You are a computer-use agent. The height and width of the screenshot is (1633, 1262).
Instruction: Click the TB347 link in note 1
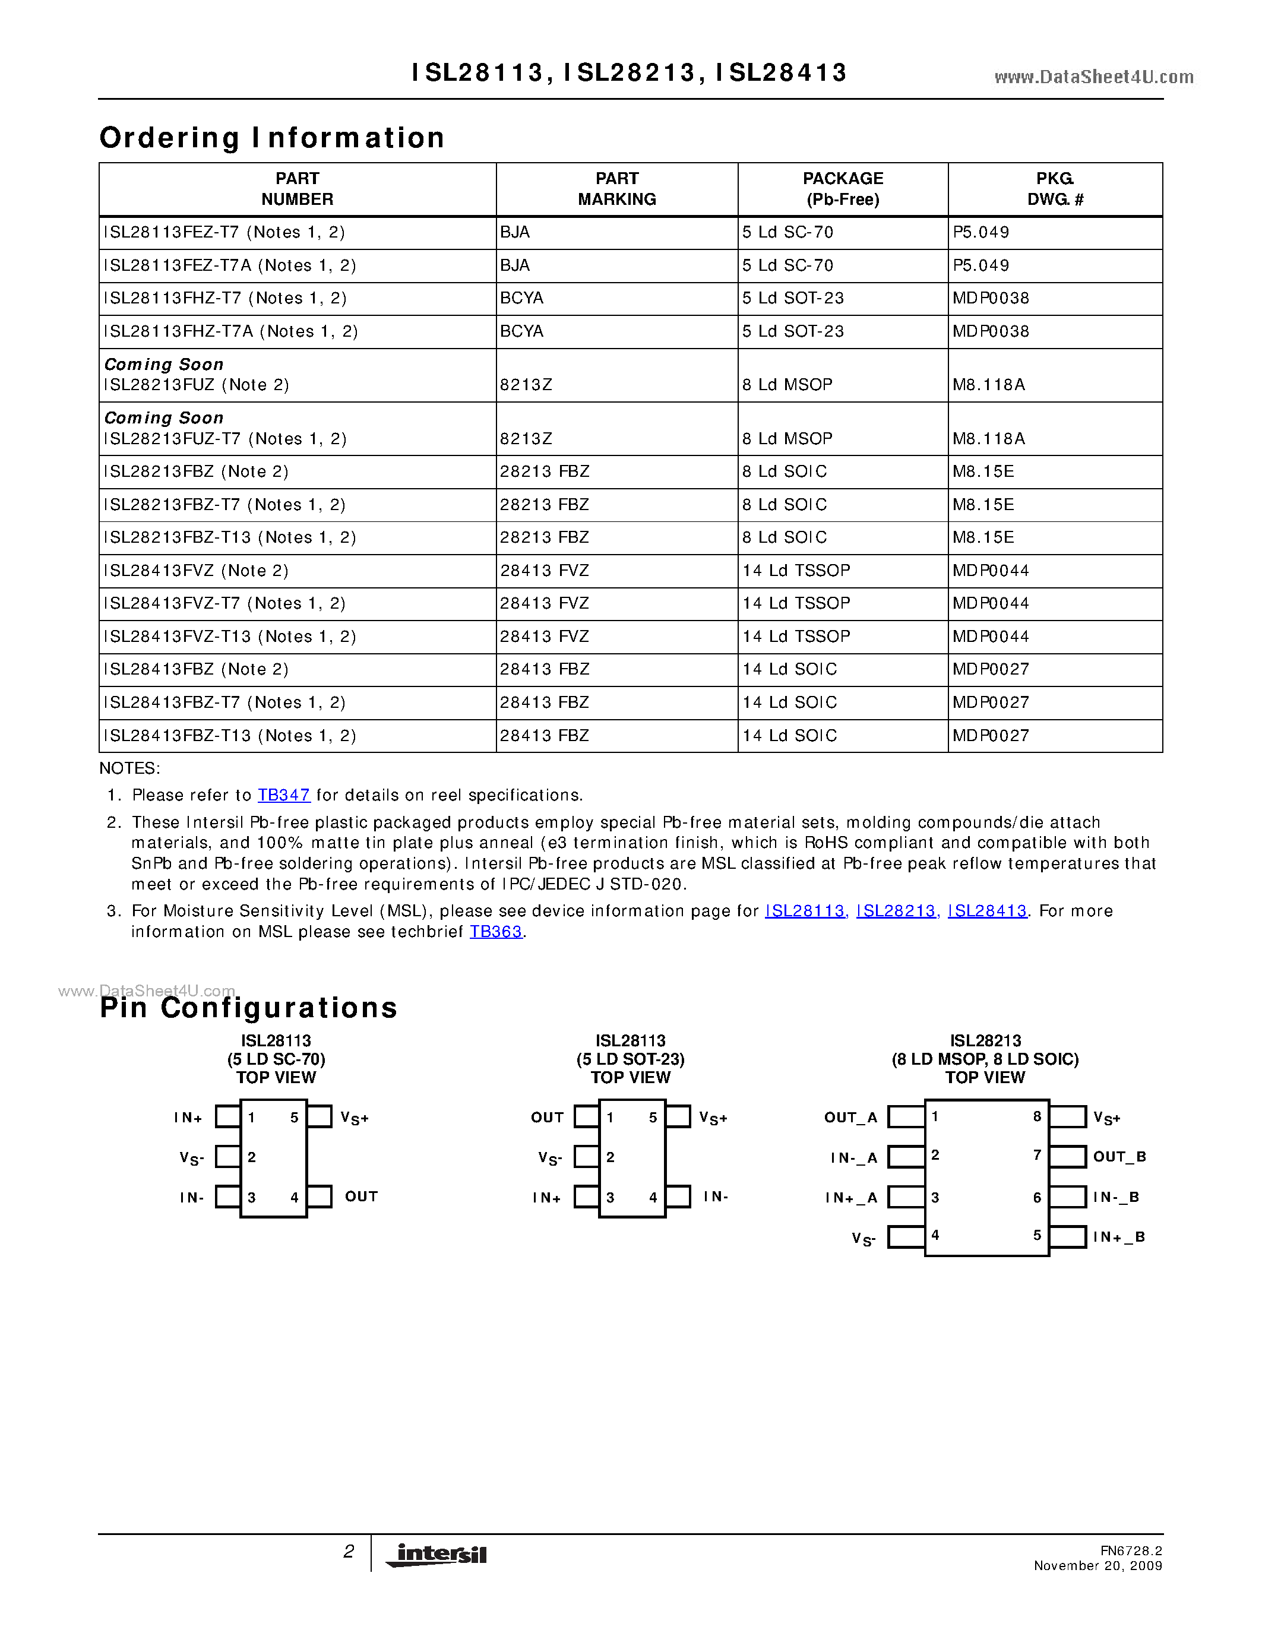pos(283,795)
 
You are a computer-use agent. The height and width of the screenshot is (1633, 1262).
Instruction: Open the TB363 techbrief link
pos(496,932)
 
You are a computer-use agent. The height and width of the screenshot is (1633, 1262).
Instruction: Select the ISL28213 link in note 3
pos(896,911)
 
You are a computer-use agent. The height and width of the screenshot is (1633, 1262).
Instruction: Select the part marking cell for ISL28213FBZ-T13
pos(544,537)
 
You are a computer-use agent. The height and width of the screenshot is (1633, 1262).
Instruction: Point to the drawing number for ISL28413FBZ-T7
pos(991,702)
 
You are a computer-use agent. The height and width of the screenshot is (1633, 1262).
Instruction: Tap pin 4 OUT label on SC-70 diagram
pos(361,1197)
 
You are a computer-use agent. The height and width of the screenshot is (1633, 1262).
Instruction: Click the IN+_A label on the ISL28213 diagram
pos(851,1198)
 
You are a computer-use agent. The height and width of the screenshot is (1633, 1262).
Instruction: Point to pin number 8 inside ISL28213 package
pos(1037,1116)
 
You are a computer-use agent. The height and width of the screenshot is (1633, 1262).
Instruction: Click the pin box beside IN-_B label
pos(1068,1197)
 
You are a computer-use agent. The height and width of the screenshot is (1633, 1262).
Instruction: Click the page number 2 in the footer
pos(349,1552)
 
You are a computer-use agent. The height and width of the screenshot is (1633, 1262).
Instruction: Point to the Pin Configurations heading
pos(249,1008)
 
